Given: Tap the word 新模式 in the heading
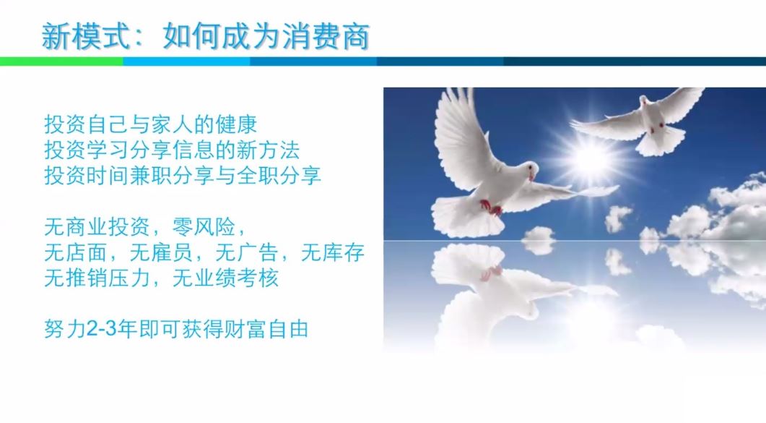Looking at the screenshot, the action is click(86, 37).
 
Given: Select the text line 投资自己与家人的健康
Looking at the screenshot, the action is click(150, 124).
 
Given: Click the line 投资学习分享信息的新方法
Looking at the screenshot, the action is click(172, 150).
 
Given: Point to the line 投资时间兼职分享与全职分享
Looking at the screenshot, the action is click(183, 176).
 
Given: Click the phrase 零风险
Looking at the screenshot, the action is click(204, 227).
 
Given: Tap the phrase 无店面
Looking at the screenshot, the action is click(76, 252).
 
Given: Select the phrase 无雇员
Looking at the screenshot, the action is click(161, 252).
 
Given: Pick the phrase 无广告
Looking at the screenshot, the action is click(247, 252).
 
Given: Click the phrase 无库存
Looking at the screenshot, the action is click(333, 252).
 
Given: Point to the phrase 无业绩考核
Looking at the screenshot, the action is click(225, 278).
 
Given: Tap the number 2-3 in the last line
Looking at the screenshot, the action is click(102, 329).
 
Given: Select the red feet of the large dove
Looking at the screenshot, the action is click(491, 207).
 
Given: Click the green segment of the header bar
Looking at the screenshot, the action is click(61, 61).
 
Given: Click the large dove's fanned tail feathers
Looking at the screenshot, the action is click(466, 215).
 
